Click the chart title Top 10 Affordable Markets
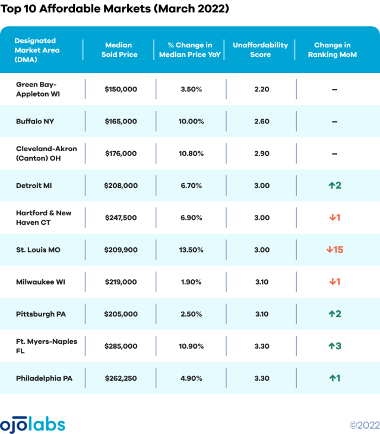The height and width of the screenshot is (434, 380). tap(115, 9)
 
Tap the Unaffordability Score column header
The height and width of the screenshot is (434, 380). tap(260, 50)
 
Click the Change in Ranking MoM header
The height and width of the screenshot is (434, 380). tap(332, 50)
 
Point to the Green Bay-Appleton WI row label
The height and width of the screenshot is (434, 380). tap(39, 89)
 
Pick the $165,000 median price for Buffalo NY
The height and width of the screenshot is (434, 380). tap(121, 122)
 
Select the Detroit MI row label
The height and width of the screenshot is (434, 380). tap(34, 186)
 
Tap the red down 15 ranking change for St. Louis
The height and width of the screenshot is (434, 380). tap(334, 250)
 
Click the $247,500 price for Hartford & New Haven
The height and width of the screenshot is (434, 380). tap(121, 218)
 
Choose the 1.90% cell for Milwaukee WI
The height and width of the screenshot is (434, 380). tap(190, 282)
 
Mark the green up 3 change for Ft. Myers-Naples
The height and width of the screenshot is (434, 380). tap(334, 346)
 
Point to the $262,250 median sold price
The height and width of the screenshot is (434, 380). tap(121, 378)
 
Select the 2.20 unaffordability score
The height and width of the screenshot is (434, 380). tap(261, 90)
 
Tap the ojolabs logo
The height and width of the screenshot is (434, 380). tap(33, 424)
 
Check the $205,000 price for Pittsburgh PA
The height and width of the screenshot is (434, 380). tap(121, 314)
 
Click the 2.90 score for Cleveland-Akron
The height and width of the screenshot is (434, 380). tap(261, 154)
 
